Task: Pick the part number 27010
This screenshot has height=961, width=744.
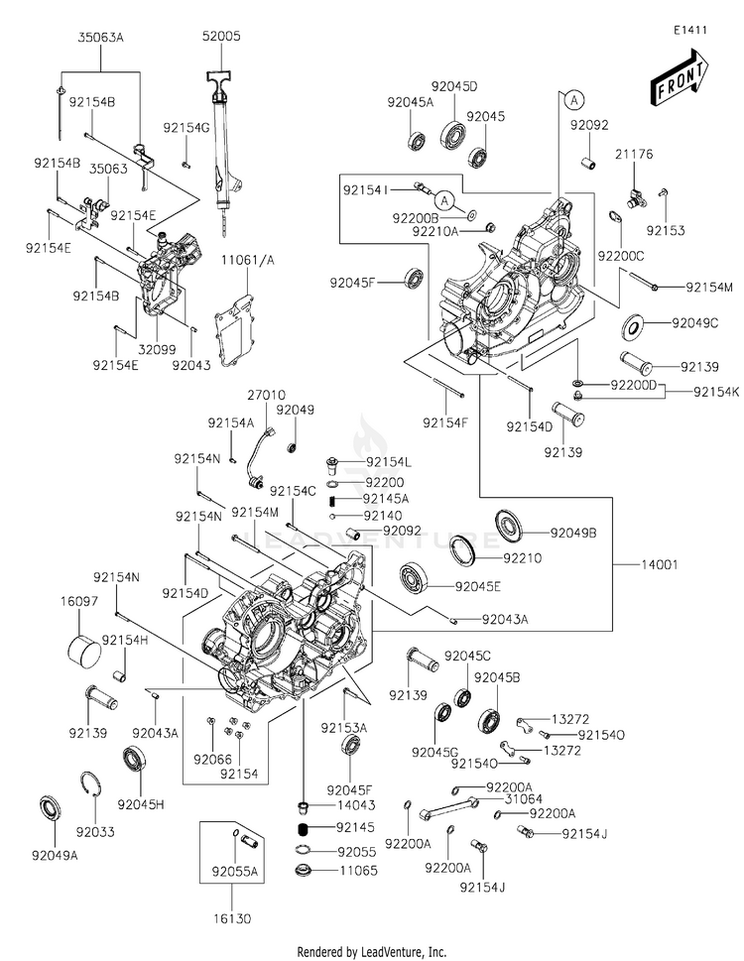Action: click(259, 394)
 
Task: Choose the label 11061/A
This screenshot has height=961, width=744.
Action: click(240, 260)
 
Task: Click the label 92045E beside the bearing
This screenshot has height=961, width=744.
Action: click(478, 586)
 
